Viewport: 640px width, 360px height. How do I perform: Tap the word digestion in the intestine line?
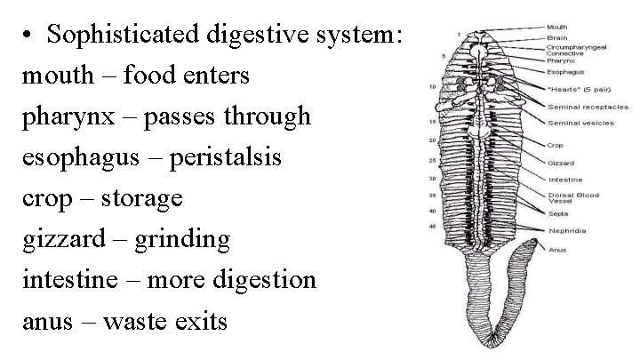click(x=268, y=279)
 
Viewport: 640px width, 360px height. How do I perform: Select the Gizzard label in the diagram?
click(x=561, y=164)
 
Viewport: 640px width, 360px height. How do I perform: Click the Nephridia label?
click(x=565, y=229)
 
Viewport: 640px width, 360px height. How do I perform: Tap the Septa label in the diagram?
click(x=558, y=214)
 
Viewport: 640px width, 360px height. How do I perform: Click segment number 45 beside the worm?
click(x=432, y=227)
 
